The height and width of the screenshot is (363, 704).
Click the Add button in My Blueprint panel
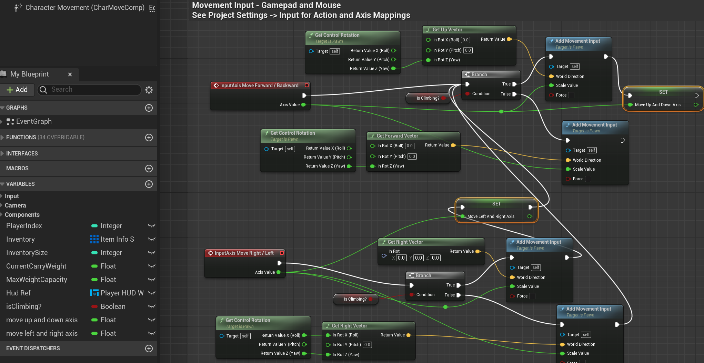click(x=17, y=90)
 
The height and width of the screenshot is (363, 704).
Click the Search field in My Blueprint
click(x=90, y=90)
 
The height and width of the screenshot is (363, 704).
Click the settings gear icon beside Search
click(x=149, y=90)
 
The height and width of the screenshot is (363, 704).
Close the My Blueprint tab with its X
click(x=70, y=74)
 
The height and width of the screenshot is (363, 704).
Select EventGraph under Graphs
click(x=34, y=121)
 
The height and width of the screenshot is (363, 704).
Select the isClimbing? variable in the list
click(x=24, y=306)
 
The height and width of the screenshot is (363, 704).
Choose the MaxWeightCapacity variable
click(x=37, y=280)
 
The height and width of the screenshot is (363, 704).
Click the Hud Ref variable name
click(x=18, y=293)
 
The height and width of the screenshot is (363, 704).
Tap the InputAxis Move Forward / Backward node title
click(x=259, y=85)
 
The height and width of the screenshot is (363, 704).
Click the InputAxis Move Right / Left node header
click(x=244, y=253)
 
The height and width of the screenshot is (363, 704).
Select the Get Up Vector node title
click(x=447, y=30)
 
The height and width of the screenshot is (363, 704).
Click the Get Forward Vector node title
click(x=397, y=136)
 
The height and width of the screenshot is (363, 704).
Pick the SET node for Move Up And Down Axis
click(x=663, y=92)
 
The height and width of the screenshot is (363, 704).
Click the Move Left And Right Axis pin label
click(x=491, y=216)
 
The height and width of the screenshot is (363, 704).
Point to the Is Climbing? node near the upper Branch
click(x=428, y=98)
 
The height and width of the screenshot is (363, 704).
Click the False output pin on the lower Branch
click(x=459, y=295)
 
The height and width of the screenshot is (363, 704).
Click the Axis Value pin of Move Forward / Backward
click(x=303, y=105)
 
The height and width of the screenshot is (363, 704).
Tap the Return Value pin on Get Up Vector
click(x=509, y=39)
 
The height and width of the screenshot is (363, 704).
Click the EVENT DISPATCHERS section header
click(x=33, y=348)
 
